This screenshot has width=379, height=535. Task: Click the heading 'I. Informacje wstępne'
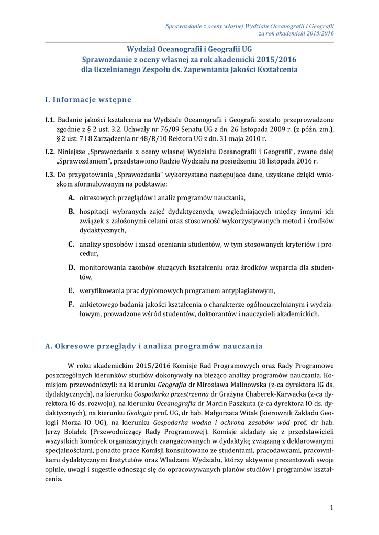click(x=88, y=100)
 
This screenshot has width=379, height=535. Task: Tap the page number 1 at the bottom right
click(x=331, y=507)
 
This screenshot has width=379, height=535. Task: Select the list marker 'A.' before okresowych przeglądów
click(x=71, y=198)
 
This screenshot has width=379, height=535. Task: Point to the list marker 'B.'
click(x=71, y=212)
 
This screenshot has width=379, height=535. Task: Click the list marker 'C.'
click(x=71, y=244)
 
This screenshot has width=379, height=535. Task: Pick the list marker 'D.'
click(x=71, y=267)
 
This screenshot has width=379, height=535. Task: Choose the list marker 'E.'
click(x=71, y=290)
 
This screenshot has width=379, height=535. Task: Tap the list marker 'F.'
click(x=71, y=304)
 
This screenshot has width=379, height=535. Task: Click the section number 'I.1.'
click(x=50, y=120)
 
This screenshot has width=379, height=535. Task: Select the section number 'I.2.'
click(x=50, y=152)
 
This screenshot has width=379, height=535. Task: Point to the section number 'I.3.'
click(x=50, y=175)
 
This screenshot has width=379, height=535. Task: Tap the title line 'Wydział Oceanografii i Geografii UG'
click(x=189, y=50)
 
